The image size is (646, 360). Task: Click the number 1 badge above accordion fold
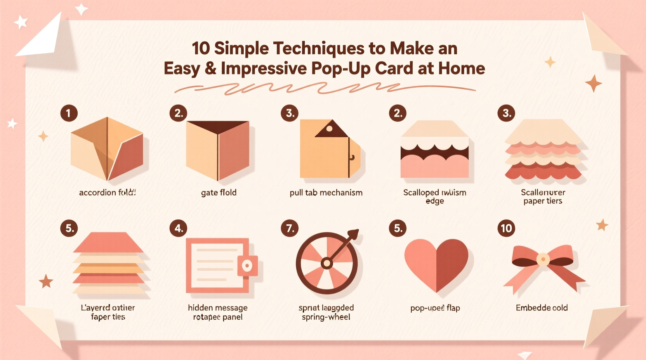pos(69,113)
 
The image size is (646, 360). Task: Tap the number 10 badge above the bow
pos(506,228)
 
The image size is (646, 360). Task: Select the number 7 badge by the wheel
pos(290,228)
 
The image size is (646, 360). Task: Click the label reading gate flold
pos(219,192)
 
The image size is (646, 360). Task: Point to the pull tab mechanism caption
pos(326,192)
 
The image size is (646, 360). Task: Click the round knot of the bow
pos(543,259)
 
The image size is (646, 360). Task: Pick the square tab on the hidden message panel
pos(247,266)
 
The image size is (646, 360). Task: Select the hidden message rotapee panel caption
pos(217,312)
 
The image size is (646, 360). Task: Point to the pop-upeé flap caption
pos(435,308)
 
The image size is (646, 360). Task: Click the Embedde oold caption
pos(542,308)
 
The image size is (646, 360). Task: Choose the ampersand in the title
pos(210,69)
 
